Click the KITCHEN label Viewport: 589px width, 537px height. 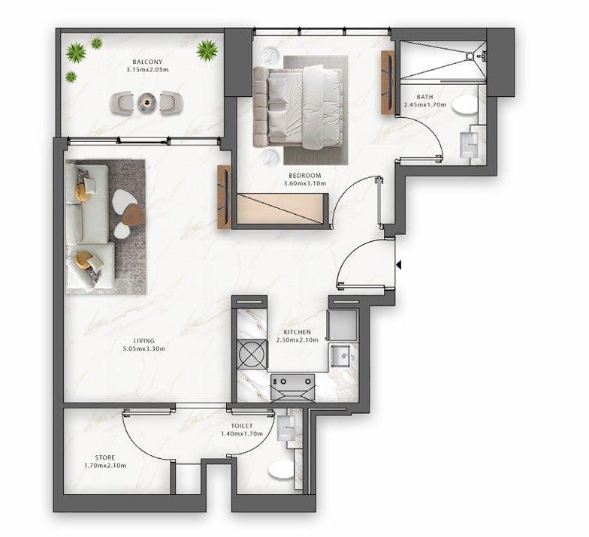click(298, 331)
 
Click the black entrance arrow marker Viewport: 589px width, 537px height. click(400, 264)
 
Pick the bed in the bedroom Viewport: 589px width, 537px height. click(301, 106)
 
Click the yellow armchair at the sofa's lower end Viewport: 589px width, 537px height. click(86, 261)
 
